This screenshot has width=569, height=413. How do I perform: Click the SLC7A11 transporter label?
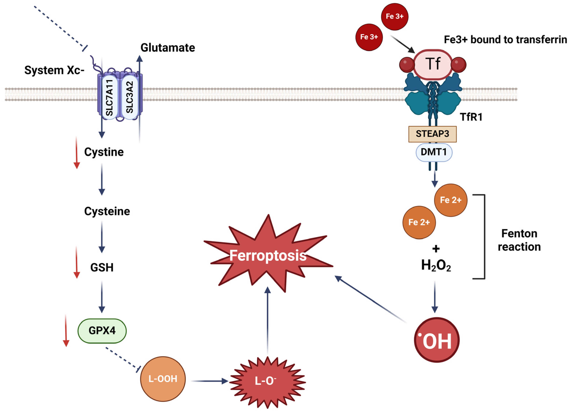point(109,98)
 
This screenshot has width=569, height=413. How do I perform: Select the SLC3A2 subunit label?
point(130,97)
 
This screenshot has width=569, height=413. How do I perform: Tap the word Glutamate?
point(168,48)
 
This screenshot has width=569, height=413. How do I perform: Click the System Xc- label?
point(54,70)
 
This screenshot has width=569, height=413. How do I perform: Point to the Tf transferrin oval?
point(433,64)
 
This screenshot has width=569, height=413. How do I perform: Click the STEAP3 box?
point(432,134)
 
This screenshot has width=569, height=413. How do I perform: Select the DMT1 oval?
point(434,152)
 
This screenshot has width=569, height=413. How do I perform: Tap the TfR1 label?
point(471,117)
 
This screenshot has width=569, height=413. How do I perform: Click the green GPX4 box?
point(102,331)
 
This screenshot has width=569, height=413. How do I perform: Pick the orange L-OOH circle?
point(163,379)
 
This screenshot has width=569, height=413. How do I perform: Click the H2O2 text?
point(436,265)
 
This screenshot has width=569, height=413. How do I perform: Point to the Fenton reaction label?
point(519,240)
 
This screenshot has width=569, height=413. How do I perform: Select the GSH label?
point(102,268)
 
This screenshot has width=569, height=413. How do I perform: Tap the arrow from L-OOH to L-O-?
point(209,381)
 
